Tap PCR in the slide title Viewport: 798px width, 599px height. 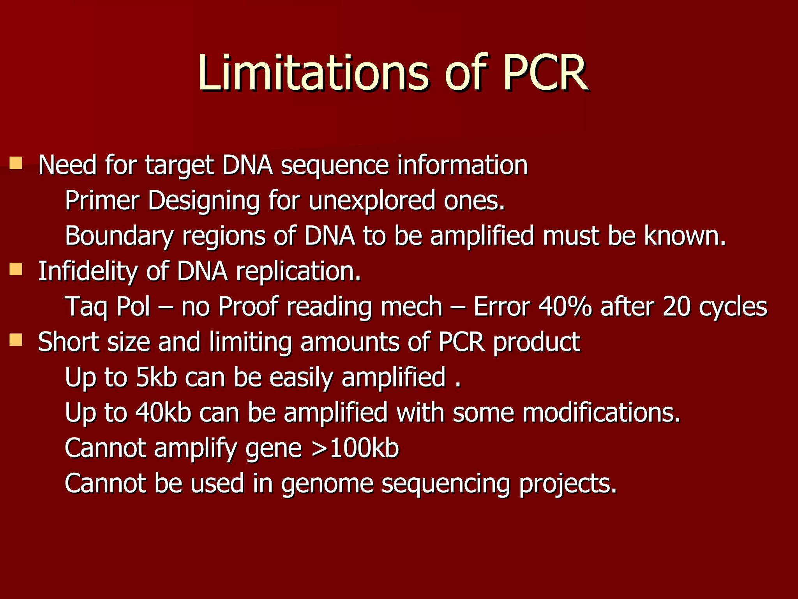coord(546,73)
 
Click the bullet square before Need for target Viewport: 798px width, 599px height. coord(16,163)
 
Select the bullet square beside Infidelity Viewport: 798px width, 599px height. coord(16,269)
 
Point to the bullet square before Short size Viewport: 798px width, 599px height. coord(16,340)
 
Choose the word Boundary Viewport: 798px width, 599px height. coord(119,236)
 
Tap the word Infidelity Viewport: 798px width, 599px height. coord(87,271)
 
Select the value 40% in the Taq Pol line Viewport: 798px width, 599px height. coord(565,307)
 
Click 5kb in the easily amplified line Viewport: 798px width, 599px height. coord(156,377)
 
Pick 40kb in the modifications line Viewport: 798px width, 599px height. coord(163,413)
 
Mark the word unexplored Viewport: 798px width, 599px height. coord(372,200)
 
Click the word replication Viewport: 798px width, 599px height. coord(298,271)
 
